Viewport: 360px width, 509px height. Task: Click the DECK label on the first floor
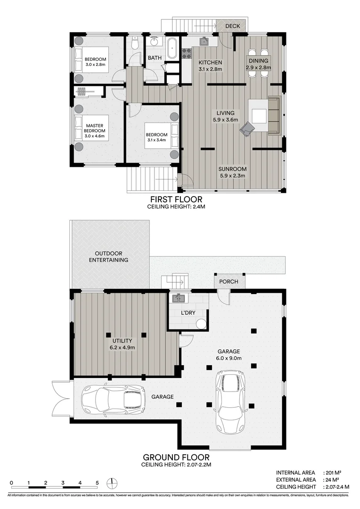point(232,26)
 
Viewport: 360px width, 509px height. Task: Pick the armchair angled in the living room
point(247,128)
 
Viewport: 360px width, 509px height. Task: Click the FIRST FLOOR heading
point(177,199)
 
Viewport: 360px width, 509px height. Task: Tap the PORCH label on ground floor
point(229,282)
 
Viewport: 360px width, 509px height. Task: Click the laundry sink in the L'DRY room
point(178,298)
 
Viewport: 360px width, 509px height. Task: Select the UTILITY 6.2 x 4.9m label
point(122,344)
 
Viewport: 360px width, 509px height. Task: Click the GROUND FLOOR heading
point(176,457)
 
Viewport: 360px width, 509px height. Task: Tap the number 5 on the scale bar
point(97,483)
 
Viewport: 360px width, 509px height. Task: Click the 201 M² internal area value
point(334,472)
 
